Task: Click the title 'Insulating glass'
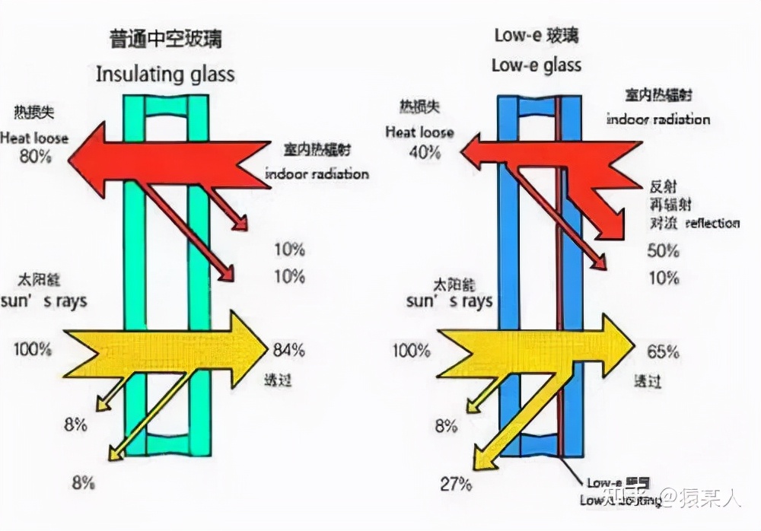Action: (x=165, y=75)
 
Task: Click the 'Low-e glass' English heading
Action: (x=536, y=65)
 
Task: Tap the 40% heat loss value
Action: (x=423, y=151)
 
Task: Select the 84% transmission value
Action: (x=288, y=350)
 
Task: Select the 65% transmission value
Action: (x=662, y=351)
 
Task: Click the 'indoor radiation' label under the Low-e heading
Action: (x=658, y=119)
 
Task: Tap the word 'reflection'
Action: (x=712, y=223)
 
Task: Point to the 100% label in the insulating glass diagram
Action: (x=33, y=350)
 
